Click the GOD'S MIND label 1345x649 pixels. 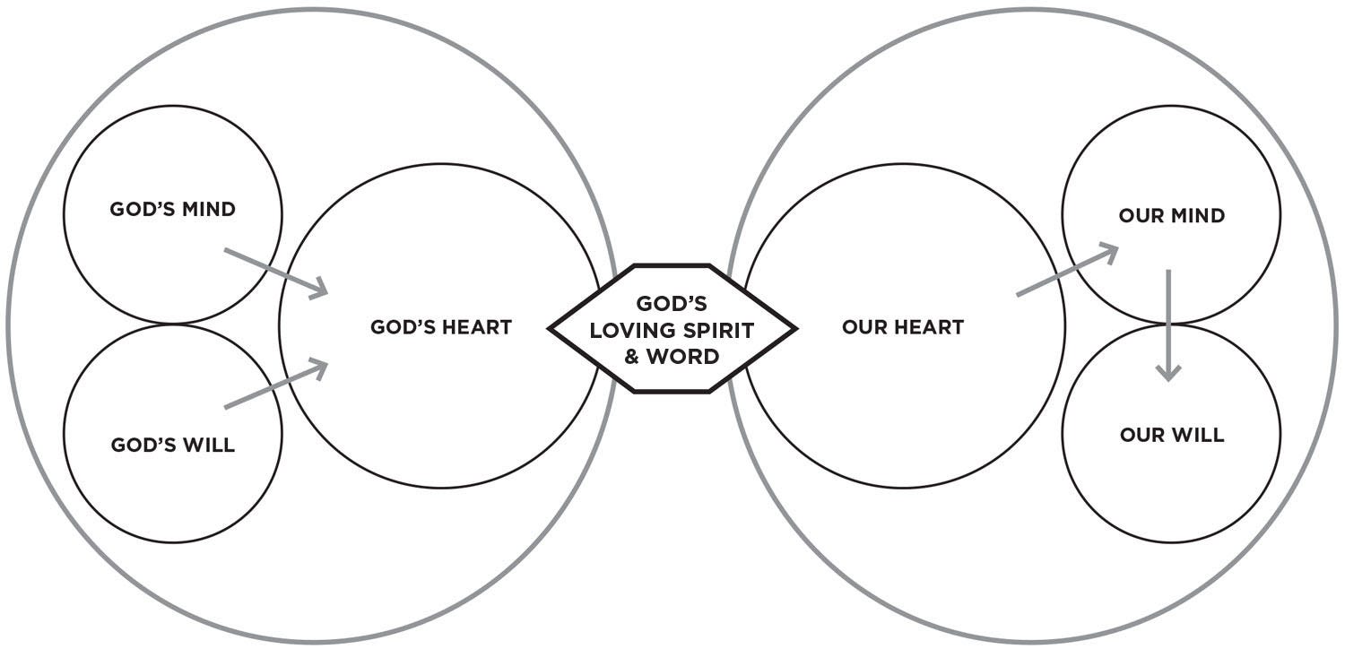pos(172,210)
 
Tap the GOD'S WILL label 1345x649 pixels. pos(172,446)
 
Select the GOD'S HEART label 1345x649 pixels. pos(440,327)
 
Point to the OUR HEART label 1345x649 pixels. pos(902,327)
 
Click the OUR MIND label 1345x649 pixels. pos(1171,216)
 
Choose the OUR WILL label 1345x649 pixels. pos(1171,436)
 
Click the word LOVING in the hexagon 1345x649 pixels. pos(632,330)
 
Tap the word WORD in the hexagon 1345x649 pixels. pos(683,356)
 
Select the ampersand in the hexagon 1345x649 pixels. pos(632,356)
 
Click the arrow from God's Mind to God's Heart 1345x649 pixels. pos(275,272)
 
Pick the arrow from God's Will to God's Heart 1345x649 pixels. pos(275,385)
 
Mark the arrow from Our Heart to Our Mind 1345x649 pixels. pos(1067,270)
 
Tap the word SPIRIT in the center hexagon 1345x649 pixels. pos(718,330)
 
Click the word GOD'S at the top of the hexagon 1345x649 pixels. pos(671,304)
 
